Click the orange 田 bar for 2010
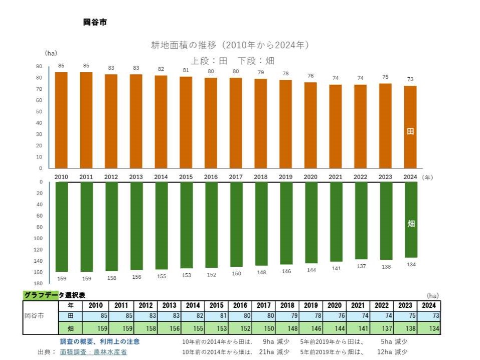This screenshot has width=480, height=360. [61, 120]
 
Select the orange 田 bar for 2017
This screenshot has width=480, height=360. [236, 123]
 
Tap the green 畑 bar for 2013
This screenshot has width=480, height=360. [136, 226]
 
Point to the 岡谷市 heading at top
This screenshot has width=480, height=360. [95, 22]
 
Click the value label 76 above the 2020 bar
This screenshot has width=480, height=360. [311, 76]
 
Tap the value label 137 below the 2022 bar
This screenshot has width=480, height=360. [361, 266]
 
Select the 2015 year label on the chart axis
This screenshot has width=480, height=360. [186, 177]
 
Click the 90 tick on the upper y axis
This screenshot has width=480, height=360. [39, 67]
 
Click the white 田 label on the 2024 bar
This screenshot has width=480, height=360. [410, 132]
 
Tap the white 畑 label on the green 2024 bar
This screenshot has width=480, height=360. [411, 224]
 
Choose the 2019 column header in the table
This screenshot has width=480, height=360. [310, 305]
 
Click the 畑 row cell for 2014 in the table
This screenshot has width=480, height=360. [193, 328]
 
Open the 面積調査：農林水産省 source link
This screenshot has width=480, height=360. [93, 352]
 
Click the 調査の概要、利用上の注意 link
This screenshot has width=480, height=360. [100, 341]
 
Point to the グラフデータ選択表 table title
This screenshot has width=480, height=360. [54, 295]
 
